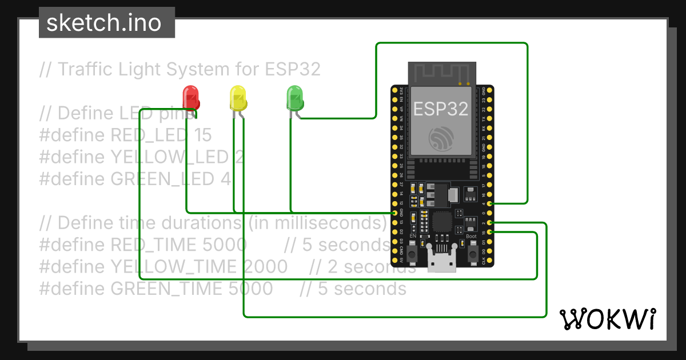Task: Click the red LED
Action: (x=190, y=97)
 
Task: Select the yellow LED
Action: (x=238, y=98)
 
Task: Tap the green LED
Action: (x=294, y=97)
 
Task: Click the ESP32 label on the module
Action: (x=441, y=109)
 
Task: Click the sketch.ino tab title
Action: (x=103, y=23)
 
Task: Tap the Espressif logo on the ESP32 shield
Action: (x=441, y=137)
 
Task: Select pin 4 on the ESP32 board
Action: (x=489, y=203)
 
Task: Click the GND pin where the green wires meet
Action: (x=394, y=213)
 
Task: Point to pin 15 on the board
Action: (x=489, y=232)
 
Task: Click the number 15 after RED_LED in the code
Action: (x=202, y=135)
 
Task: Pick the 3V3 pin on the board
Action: (x=394, y=91)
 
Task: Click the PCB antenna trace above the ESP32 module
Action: (x=441, y=72)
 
